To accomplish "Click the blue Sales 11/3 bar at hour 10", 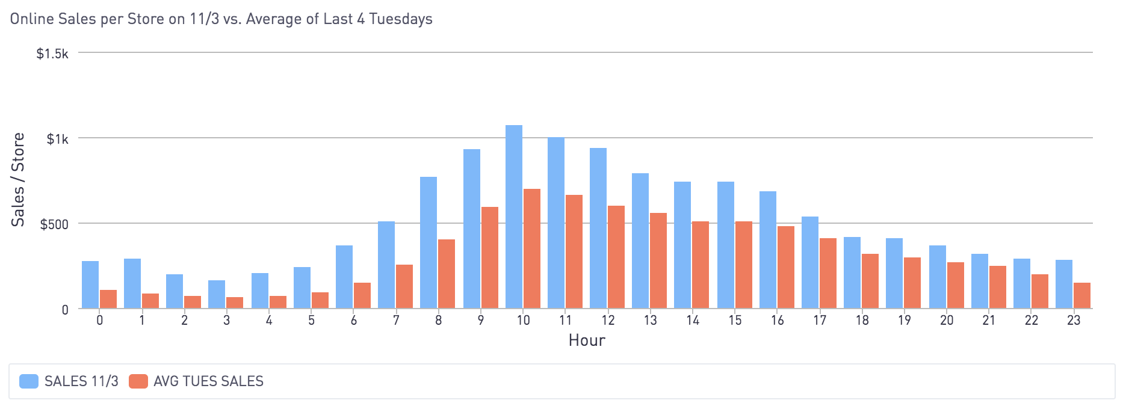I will [x=514, y=217].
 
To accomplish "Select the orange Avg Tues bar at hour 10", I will [x=532, y=248].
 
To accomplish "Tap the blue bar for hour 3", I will [x=217, y=294].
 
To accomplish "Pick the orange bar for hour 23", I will [x=1082, y=295].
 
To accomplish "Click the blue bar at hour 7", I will [x=386, y=265].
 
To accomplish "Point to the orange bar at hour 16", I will [x=786, y=267].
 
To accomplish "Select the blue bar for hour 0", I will [x=90, y=284].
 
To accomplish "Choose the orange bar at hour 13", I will [x=658, y=260].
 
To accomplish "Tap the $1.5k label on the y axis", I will [x=52, y=54].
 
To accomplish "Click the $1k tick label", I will [x=58, y=140].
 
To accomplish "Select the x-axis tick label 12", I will [x=608, y=321].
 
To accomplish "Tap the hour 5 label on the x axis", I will [x=311, y=321].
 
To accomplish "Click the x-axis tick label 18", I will [x=862, y=321].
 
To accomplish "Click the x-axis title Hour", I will [x=587, y=340].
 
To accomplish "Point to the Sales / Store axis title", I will [x=19, y=179].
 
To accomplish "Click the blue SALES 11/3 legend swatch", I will [x=29, y=381].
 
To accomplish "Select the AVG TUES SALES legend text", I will [x=208, y=381].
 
